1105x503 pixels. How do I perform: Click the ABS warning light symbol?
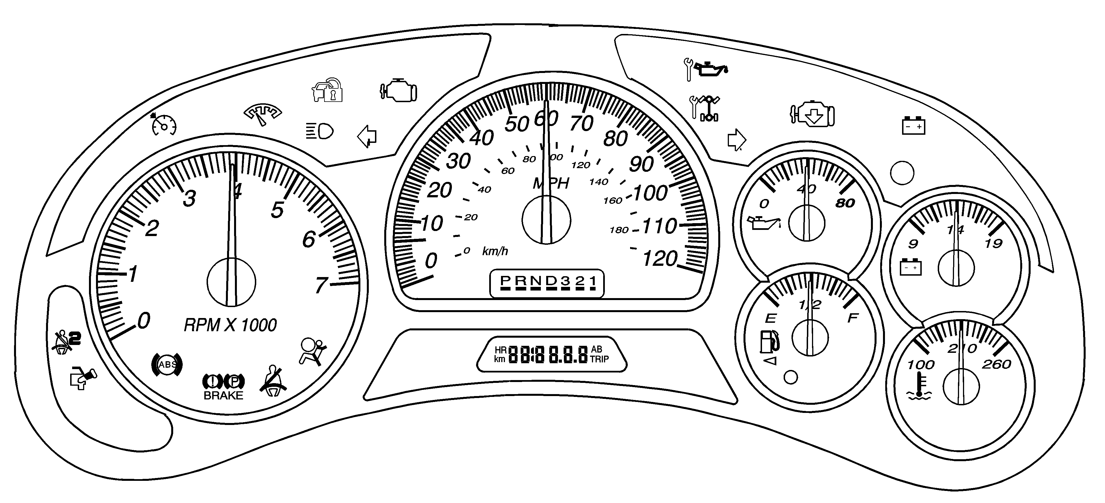pyautogui.click(x=167, y=365)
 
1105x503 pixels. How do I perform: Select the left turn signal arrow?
pyautogui.click(x=367, y=137)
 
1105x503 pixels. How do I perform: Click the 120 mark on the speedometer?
pyautogui.click(x=660, y=259)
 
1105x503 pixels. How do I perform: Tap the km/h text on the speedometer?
pyautogui.click(x=495, y=251)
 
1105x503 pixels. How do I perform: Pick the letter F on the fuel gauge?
pyautogui.click(x=852, y=318)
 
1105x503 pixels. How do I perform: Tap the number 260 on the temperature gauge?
pyautogui.click(x=996, y=364)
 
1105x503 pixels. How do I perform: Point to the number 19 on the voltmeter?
pyautogui.click(x=994, y=244)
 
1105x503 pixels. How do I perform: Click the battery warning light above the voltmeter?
pyautogui.click(x=913, y=126)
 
